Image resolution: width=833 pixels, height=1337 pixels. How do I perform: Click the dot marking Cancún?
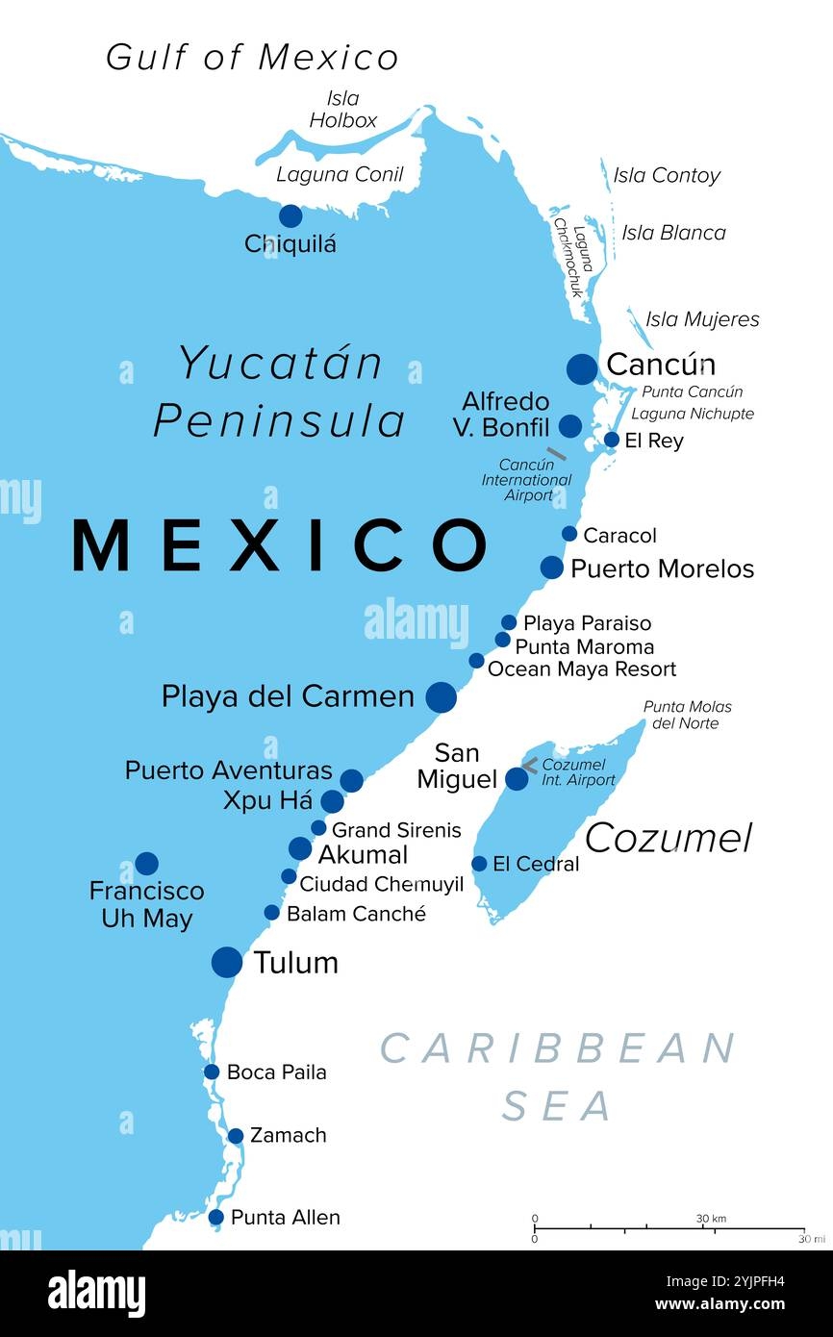tap(582, 368)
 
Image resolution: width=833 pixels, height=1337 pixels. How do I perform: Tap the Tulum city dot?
tap(227, 961)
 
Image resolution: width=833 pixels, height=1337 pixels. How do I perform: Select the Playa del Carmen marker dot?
tap(441, 696)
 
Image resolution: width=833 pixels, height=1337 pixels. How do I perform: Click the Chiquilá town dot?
tap(290, 215)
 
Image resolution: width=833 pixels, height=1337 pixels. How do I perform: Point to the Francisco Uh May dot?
tap(146, 863)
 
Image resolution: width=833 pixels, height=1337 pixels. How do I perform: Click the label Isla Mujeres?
tap(702, 319)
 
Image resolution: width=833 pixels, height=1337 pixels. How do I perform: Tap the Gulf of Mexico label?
tap(252, 58)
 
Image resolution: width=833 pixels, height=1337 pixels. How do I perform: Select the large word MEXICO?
tap(280, 544)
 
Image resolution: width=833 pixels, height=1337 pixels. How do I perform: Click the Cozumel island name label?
tap(669, 838)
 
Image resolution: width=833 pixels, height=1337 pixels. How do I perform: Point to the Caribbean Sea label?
tap(558, 1075)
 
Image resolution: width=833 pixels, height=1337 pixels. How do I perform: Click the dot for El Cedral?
tap(479, 864)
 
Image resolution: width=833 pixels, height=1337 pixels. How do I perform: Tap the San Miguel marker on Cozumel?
tap(517, 778)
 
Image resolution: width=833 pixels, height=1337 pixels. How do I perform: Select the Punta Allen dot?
tap(216, 1217)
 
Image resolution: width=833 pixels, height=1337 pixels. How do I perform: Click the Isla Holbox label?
tap(342, 110)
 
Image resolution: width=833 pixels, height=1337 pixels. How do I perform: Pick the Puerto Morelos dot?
tap(551, 568)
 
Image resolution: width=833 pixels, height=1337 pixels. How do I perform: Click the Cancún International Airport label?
tap(526, 480)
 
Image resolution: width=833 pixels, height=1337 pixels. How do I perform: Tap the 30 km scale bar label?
tap(711, 1219)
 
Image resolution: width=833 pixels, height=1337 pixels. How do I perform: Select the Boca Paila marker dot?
tap(212, 1072)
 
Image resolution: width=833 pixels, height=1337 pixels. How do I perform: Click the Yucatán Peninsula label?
tap(280, 392)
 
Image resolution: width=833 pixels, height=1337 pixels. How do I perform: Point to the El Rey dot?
tap(612, 440)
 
